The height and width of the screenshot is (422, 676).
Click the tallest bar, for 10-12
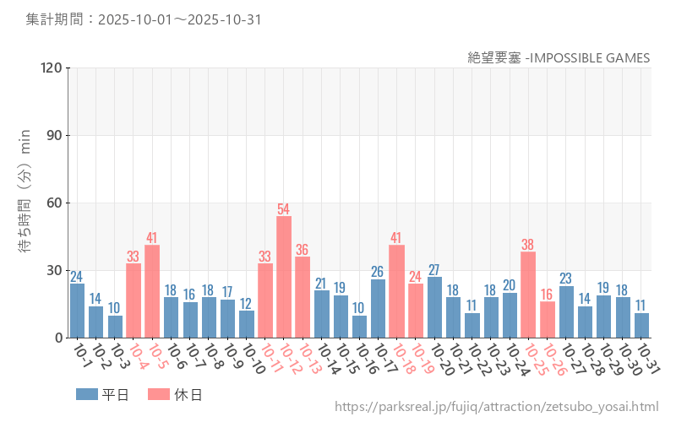284,277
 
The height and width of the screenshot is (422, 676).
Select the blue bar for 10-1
77,311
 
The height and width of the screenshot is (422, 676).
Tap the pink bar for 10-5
152,291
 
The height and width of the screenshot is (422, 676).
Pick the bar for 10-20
434,307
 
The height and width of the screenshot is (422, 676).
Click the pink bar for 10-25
528,295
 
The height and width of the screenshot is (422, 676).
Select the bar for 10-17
378,308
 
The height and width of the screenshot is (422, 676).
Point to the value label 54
284,208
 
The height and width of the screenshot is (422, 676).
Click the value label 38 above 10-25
528,245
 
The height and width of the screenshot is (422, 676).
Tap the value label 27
434,269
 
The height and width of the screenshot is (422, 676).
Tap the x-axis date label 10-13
308,359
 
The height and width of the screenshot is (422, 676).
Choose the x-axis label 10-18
401,359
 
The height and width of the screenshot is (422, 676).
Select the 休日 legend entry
174,394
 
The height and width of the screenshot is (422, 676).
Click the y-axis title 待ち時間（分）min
25,203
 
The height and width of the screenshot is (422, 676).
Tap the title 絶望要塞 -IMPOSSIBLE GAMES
559,57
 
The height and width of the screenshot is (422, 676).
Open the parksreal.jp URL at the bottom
496,407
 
